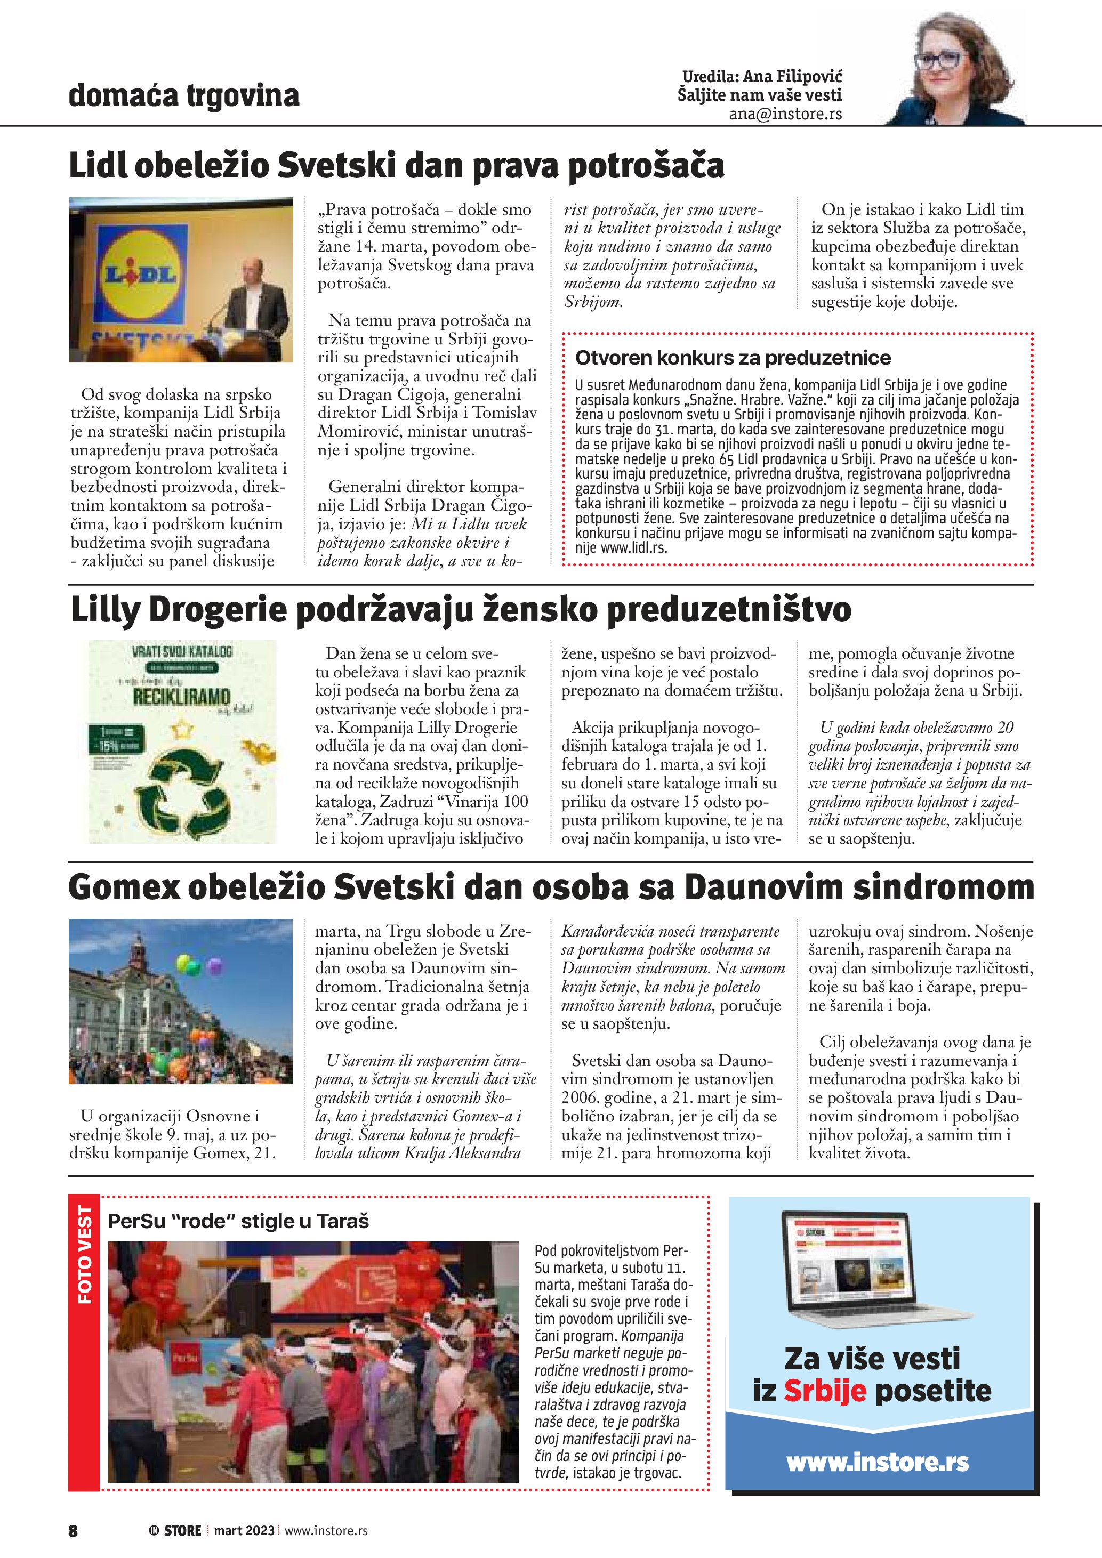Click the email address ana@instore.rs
785,114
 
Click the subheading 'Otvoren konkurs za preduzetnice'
733,358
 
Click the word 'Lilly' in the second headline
105,609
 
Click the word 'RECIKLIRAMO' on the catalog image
181,696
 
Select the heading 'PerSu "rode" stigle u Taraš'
238,1222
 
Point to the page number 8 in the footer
73,1530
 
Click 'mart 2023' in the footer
244,1530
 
